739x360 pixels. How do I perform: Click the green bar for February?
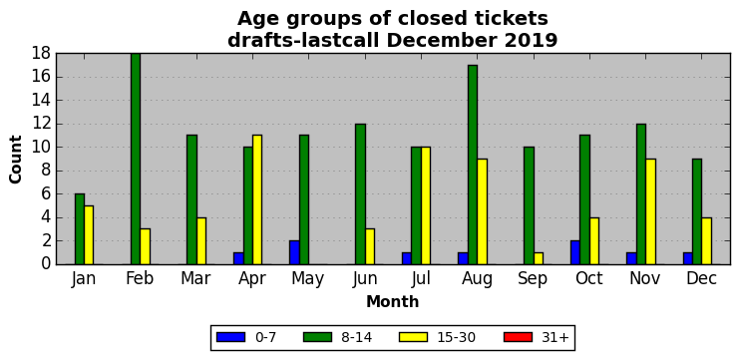(x=136, y=159)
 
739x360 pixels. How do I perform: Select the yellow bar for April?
(x=257, y=199)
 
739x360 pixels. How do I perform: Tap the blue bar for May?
(x=294, y=252)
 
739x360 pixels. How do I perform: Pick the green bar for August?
(x=473, y=165)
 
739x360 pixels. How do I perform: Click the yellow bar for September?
(x=539, y=258)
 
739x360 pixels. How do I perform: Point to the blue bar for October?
(x=575, y=252)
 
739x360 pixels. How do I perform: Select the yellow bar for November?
(x=650, y=211)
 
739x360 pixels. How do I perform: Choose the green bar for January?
(x=80, y=229)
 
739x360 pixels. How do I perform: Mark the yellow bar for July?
(x=426, y=205)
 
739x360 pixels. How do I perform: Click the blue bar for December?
(x=687, y=258)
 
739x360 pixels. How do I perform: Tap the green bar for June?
(x=361, y=194)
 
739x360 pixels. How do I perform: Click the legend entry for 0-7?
(x=246, y=337)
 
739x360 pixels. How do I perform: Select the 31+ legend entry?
(x=537, y=337)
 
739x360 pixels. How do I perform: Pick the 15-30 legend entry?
(x=438, y=337)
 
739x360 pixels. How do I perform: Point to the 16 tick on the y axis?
(x=42, y=77)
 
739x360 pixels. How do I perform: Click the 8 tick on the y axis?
(x=46, y=171)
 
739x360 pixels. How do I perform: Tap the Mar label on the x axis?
(x=195, y=278)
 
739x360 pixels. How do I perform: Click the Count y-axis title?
(x=16, y=160)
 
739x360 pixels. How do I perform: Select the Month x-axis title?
(x=393, y=301)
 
